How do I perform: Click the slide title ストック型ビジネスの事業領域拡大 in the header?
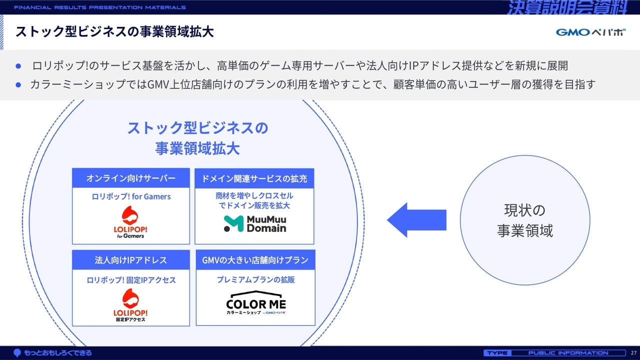click(x=114, y=32)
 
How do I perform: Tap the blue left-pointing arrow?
click(x=416, y=220)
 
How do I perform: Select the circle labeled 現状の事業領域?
click(x=524, y=220)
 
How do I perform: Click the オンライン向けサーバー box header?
click(x=131, y=178)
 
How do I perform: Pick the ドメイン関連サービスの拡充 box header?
click(x=254, y=178)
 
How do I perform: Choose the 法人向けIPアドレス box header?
click(x=131, y=260)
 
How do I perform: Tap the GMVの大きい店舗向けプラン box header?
click(x=255, y=260)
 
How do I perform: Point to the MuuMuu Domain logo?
click(x=255, y=224)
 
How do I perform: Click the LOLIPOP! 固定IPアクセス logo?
click(x=130, y=305)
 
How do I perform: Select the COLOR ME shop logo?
click(x=256, y=303)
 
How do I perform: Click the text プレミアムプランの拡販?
click(x=255, y=280)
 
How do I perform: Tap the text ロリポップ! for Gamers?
click(x=131, y=196)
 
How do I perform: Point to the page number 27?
click(x=633, y=353)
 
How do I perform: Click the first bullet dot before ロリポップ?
click(x=18, y=66)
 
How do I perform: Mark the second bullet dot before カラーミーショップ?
click(x=18, y=84)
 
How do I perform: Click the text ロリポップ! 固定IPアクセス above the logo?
click(x=131, y=280)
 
